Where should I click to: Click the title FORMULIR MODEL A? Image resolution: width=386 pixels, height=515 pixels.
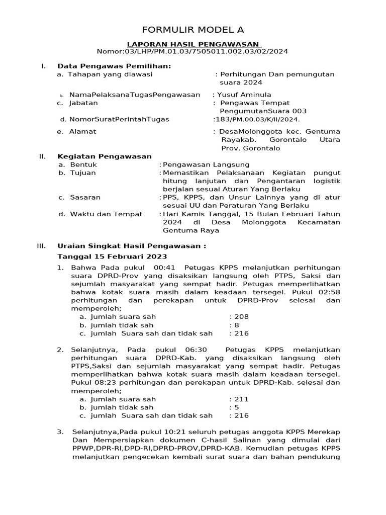193,30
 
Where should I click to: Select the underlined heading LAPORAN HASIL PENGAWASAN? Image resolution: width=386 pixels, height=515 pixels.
193,44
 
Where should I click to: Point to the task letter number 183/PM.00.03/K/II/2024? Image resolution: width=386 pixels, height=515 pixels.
257,119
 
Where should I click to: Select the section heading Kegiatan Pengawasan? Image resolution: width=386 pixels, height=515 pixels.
105,156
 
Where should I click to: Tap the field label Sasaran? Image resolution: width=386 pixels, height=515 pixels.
85,197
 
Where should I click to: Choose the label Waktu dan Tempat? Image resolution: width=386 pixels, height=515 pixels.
100,214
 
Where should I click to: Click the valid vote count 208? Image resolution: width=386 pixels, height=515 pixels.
242,317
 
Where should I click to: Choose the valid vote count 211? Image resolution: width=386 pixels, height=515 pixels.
242,399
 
